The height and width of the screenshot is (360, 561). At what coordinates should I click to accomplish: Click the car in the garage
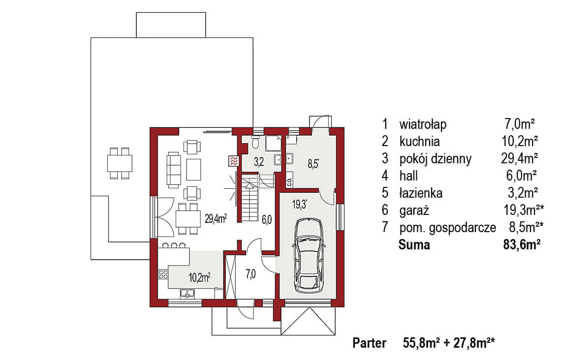point(309,255)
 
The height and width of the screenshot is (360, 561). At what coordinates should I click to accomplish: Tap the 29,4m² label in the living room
point(216,218)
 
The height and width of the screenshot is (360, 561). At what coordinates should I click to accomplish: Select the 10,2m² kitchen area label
point(199,277)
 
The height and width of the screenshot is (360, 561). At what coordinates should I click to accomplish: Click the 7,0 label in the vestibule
point(250,274)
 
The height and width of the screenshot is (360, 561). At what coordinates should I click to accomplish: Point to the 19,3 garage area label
point(300,205)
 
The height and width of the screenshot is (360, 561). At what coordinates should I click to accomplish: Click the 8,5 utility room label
point(313,164)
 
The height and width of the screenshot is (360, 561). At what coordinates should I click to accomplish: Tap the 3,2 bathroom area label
point(259,162)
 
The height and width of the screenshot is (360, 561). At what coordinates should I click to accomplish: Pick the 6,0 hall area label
point(267,219)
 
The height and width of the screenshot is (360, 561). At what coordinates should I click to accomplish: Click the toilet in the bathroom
point(255,142)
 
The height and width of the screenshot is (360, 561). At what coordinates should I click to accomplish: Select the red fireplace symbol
point(234,161)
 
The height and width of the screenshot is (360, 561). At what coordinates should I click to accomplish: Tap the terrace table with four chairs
point(120,163)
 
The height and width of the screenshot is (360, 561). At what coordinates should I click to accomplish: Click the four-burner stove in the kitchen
point(163,274)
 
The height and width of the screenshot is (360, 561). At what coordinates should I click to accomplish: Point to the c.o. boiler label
point(289,181)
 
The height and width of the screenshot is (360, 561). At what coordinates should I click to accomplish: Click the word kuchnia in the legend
point(419,142)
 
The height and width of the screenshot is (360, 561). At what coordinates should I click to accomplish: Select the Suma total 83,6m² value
point(522,245)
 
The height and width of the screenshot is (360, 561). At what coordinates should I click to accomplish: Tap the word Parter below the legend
point(370,343)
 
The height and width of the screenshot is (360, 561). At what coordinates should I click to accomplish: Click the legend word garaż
point(414,210)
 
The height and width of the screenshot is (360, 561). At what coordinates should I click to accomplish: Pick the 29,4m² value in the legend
point(520,158)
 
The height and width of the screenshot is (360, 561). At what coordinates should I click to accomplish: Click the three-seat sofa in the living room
point(174,170)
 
